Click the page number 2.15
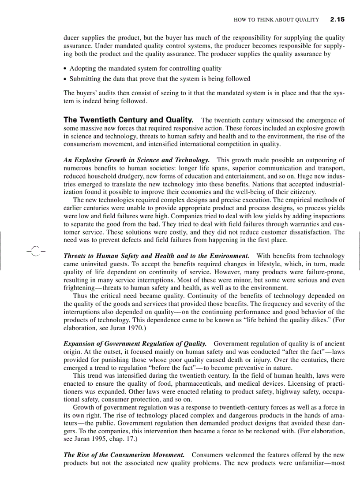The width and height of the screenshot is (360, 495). coord(337,19)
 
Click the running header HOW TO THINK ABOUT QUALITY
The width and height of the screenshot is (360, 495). coord(276,20)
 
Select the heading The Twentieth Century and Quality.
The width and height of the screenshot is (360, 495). coord(128,120)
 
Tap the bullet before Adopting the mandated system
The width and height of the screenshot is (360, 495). coord(65,69)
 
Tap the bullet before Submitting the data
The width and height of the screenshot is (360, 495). coord(65,79)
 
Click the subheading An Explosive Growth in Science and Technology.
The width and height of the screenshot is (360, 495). coord(136,160)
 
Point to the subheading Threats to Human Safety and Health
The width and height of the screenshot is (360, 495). coord(156,256)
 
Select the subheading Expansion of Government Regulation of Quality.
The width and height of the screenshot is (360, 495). coord(135,343)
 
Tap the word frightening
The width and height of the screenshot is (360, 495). coord(80,287)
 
